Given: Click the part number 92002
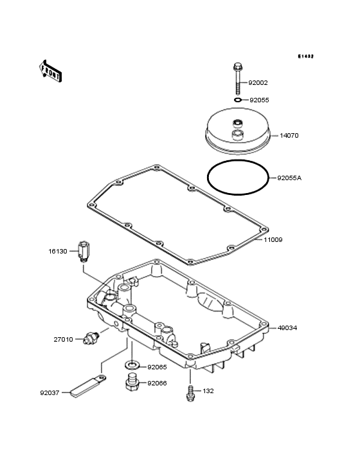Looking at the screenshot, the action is click(x=258, y=83).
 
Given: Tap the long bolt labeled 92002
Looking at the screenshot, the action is click(x=237, y=78).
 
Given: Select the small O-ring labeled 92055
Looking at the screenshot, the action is click(x=238, y=100).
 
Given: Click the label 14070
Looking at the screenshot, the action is click(x=289, y=136).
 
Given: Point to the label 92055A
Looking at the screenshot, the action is click(x=289, y=178).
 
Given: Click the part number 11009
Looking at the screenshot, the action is click(x=273, y=240).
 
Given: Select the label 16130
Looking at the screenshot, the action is click(x=58, y=251).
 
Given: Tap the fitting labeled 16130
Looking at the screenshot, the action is click(x=84, y=252).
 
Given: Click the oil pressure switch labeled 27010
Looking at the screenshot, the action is click(x=90, y=338).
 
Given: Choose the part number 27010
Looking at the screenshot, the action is click(x=63, y=340).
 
